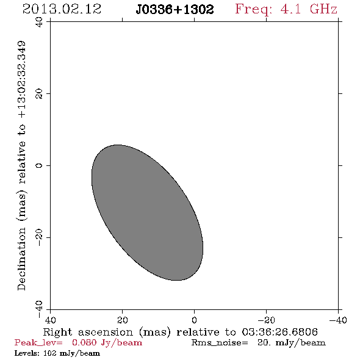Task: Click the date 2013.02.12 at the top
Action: [62, 9]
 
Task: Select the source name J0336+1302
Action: [175, 9]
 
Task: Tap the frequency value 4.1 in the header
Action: [290, 9]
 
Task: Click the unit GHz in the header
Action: [323, 9]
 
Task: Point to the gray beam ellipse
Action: [147, 212]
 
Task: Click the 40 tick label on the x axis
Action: [50, 320]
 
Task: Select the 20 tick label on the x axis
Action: [122, 320]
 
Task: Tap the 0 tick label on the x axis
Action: [194, 320]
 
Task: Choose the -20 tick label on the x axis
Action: [266, 320]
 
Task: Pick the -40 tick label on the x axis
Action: [338, 320]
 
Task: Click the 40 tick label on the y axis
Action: [39, 22]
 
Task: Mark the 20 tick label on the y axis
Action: [39, 94]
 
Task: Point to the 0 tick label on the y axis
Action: [39, 165]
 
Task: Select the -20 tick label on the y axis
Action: [39, 237]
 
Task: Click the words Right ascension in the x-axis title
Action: [88, 332]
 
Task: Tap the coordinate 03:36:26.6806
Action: [280, 332]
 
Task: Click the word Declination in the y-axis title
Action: [21, 259]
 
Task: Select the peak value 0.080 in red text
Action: [84, 342]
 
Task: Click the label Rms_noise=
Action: [220, 343]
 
